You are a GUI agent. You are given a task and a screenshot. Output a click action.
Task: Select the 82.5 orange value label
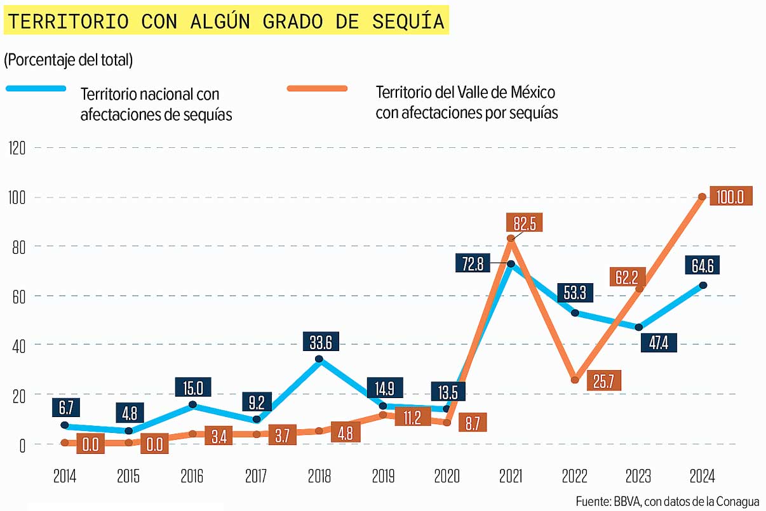[525, 223]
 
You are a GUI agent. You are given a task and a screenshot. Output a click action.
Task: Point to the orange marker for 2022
[575, 380]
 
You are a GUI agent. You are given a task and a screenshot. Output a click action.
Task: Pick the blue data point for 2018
[319, 359]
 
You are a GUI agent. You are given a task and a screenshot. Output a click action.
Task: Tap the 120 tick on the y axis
[17, 148]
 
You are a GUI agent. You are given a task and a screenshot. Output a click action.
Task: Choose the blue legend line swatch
[36, 88]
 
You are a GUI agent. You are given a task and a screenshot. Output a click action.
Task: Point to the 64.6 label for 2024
[700, 265]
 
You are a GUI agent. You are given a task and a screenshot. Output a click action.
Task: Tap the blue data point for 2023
[639, 328]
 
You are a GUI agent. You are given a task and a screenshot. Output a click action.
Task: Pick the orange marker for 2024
[702, 197]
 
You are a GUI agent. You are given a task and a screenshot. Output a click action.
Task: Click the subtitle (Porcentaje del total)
[68, 60]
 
